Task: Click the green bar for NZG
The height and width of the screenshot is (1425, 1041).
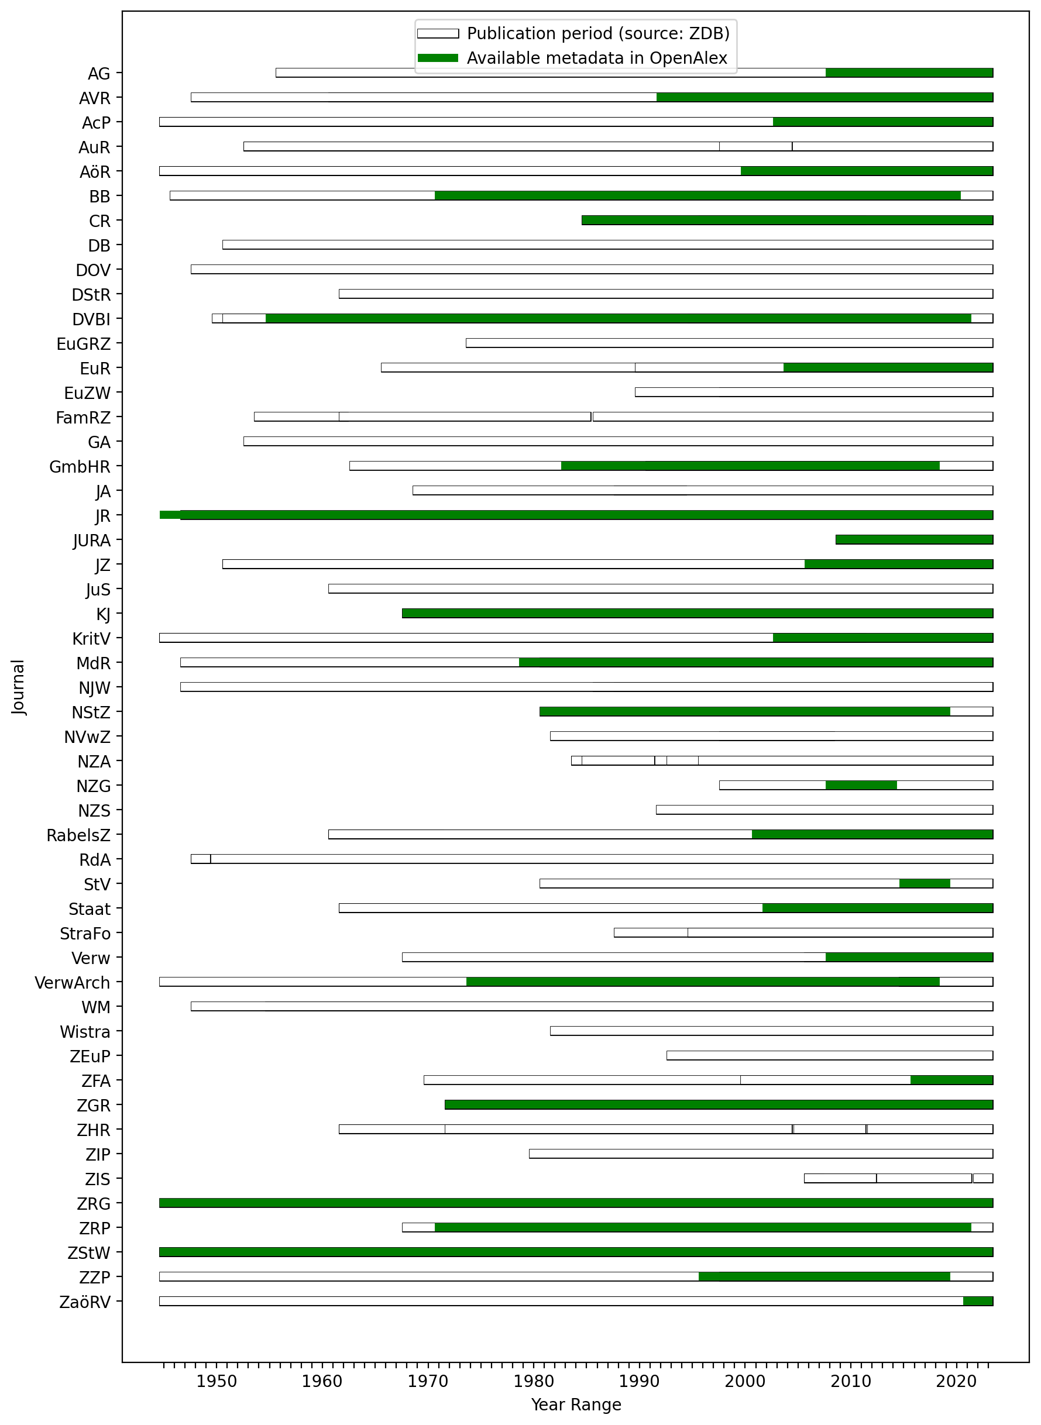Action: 861,785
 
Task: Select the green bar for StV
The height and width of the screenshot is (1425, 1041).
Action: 925,883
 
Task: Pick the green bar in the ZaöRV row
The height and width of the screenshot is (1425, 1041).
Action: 978,1301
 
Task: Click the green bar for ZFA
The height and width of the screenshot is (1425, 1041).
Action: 951,1080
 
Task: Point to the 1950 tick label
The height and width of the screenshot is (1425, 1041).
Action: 217,1382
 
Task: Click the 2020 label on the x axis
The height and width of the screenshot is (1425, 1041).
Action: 956,1382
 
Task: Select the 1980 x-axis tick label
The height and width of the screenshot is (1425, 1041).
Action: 534,1382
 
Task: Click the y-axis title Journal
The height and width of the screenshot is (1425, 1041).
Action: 18,687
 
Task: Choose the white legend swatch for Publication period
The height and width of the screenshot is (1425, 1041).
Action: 438,33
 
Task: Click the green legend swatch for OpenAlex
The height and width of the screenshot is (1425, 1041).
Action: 438,58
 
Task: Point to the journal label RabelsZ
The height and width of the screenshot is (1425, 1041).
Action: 78,835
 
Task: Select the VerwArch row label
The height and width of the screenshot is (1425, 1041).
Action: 73,983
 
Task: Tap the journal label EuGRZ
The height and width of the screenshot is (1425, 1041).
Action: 83,344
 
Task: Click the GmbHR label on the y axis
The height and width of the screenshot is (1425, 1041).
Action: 80,467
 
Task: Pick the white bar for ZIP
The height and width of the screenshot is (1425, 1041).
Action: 761,1154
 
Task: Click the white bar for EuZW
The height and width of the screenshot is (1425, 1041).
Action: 813,392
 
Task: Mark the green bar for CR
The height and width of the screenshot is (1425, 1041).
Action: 787,220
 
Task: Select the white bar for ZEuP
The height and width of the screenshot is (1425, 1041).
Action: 829,1055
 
